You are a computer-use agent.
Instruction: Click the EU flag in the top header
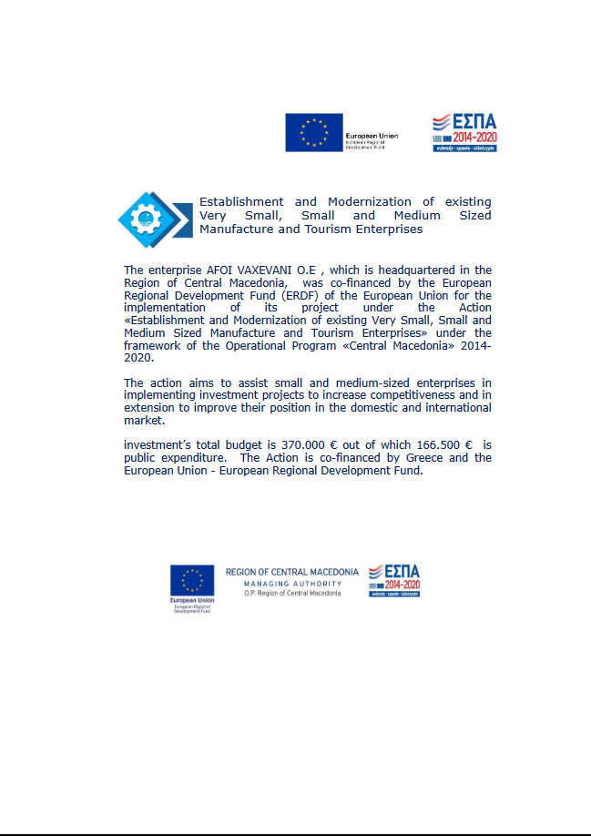pyautogui.click(x=314, y=132)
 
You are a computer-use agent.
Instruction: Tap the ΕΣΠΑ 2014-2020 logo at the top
pyautogui.click(x=464, y=133)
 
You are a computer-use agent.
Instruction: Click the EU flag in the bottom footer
pyautogui.click(x=192, y=580)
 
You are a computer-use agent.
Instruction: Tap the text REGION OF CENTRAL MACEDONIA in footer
pyautogui.click(x=292, y=572)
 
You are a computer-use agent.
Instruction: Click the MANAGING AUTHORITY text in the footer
pyautogui.click(x=292, y=583)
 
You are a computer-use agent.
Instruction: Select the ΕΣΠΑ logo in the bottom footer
pyautogui.click(x=394, y=581)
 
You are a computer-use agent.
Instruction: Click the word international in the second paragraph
pyautogui.click(x=452, y=408)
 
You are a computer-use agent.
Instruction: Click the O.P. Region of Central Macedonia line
pyautogui.click(x=292, y=593)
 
